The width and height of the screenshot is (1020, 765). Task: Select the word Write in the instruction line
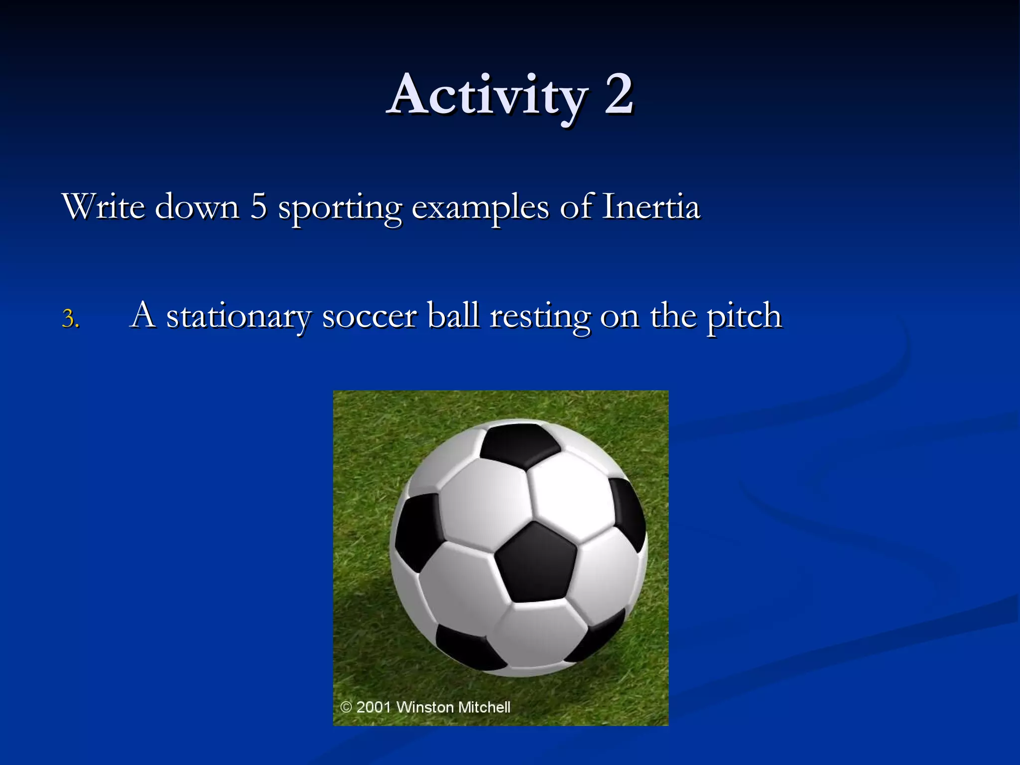(103, 206)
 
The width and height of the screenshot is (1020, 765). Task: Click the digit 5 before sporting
(258, 206)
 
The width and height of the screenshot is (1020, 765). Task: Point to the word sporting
(340, 208)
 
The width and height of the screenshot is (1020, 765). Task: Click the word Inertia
(650, 206)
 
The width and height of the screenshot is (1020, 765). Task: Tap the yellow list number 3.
(70, 319)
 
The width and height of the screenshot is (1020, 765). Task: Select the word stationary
(239, 317)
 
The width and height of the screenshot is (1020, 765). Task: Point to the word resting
(540, 317)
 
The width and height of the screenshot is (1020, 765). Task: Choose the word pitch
(744, 317)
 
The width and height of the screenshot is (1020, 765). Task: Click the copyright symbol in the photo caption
(346, 707)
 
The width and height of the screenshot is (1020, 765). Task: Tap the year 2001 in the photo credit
(374, 707)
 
